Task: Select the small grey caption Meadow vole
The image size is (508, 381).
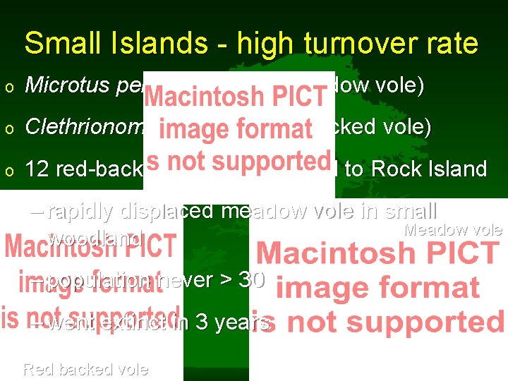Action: tap(452, 230)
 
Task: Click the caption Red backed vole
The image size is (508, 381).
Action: tap(85, 368)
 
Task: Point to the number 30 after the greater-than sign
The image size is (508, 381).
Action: tap(252, 280)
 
